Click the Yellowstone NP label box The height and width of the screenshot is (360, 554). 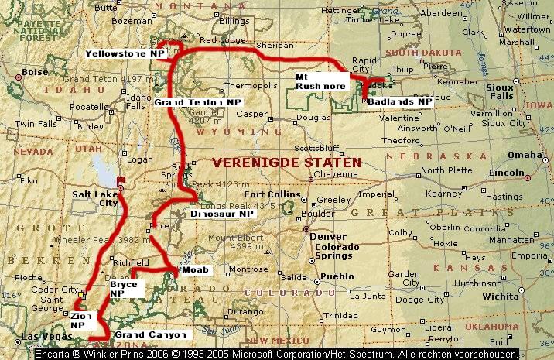pos(126,53)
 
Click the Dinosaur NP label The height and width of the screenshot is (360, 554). pos(222,214)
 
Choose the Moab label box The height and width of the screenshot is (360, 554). pos(196,270)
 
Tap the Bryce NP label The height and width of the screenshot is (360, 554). pos(122,290)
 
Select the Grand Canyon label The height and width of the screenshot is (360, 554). pos(152,334)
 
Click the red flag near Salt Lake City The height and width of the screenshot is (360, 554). pos(120,183)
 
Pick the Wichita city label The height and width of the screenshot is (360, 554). pos(501,296)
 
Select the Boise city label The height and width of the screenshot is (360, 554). pos(36,72)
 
